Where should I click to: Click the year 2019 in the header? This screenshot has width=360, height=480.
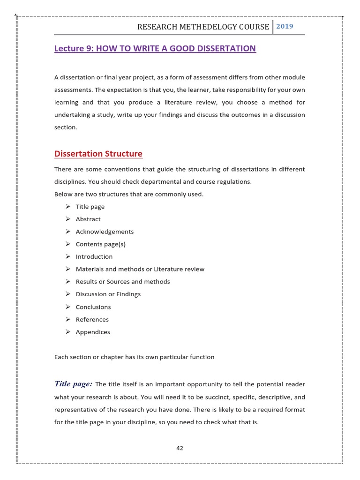pos(285,26)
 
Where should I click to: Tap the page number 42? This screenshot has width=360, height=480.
pos(180,448)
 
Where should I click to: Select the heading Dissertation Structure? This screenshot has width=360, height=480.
pos(98,154)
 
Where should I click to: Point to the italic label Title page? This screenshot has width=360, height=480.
pos(73,384)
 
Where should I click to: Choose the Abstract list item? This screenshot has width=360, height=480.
pos(88,219)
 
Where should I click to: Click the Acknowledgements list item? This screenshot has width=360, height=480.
pos(105,232)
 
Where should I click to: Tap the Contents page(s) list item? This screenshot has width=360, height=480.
pos(100,244)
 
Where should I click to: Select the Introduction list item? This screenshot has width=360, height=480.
pos(94,256)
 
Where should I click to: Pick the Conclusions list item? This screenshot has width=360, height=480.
pos(93,307)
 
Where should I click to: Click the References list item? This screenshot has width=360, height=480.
pos(92,319)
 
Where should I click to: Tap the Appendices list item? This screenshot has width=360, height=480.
pos(93,332)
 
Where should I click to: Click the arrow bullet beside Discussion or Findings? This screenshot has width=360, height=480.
pos(67,294)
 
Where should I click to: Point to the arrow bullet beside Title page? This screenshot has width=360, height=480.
pos(67,206)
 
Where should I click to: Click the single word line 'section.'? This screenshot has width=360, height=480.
pos(66,127)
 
